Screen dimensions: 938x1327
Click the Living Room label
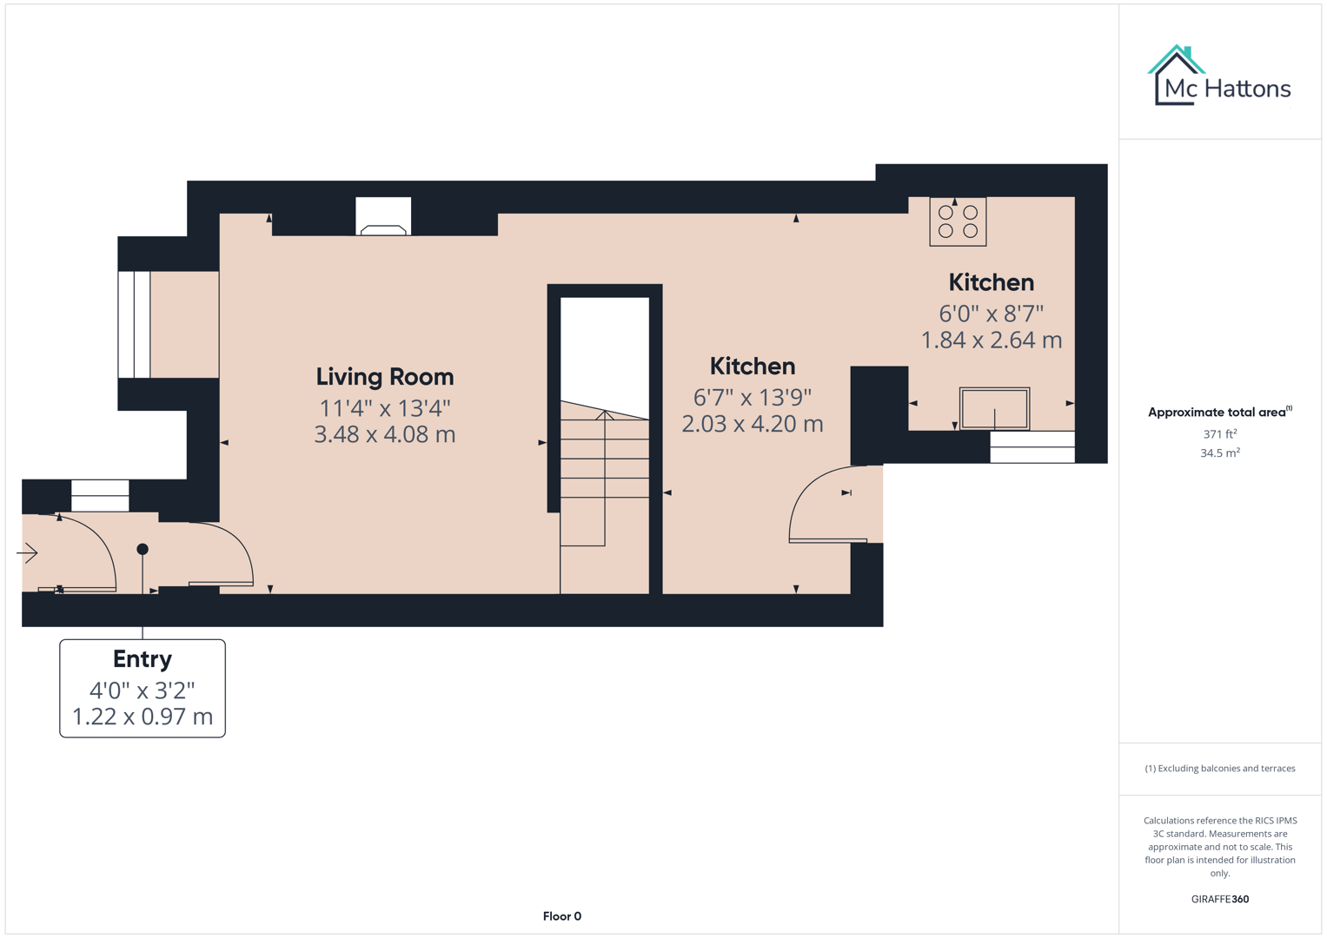(x=384, y=377)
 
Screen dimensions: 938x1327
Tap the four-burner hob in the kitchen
(x=958, y=221)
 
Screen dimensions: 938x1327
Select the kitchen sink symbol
(x=994, y=408)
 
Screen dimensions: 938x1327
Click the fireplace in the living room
(x=383, y=217)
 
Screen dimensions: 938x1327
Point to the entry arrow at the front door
(x=28, y=552)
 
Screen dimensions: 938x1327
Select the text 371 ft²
(x=1219, y=433)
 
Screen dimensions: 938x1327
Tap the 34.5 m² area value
(x=1219, y=452)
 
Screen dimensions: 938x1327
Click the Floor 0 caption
(x=561, y=916)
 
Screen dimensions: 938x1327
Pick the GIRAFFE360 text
(x=1219, y=899)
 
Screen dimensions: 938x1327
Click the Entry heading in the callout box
(x=143, y=659)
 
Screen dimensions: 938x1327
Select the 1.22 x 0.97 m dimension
(x=143, y=717)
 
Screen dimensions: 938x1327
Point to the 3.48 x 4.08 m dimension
(x=384, y=434)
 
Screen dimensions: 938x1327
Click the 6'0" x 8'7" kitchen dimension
(x=991, y=313)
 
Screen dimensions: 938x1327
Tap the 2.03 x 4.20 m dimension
(x=752, y=424)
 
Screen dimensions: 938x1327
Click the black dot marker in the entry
(x=143, y=549)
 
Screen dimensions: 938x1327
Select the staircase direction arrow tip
(x=605, y=413)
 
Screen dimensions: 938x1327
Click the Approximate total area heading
(x=1219, y=412)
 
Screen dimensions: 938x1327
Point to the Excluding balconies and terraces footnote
(x=1219, y=769)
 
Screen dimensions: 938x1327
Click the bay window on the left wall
(x=135, y=324)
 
